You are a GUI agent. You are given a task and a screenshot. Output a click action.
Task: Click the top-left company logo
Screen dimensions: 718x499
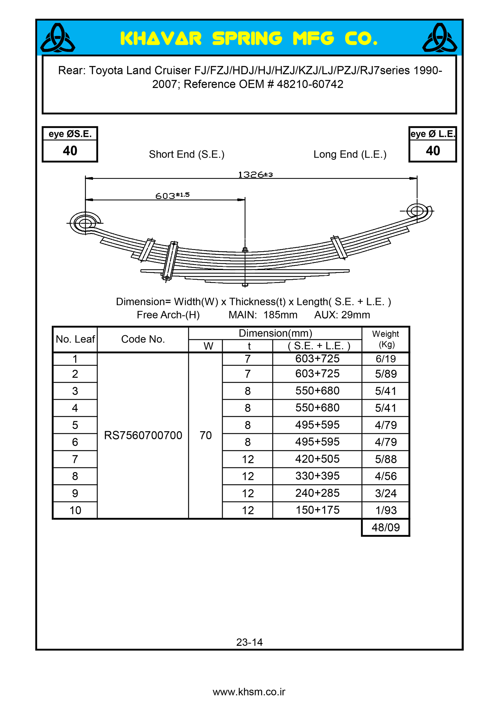tap(57, 38)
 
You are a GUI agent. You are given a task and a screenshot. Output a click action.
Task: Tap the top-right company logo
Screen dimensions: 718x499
tap(439, 38)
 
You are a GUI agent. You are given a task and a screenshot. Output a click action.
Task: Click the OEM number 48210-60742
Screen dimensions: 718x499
tap(310, 84)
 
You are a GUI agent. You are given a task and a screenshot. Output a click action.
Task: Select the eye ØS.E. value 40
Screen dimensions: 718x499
tap(70, 151)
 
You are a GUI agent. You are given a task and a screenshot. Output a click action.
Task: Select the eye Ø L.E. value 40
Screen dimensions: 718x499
tap(433, 151)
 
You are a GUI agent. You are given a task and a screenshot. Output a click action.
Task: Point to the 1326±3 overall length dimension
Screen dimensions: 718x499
tap(255, 175)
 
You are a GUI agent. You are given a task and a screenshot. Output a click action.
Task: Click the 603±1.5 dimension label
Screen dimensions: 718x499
tap(172, 196)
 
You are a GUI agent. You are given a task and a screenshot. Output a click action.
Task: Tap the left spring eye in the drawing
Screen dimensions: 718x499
tap(85, 223)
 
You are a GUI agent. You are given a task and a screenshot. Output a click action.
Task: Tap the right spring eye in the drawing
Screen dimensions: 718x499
tap(417, 211)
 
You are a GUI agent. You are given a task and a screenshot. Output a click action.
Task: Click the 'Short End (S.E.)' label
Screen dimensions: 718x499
tap(186, 154)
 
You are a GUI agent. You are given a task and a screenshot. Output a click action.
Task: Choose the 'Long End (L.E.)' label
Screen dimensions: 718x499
tap(350, 154)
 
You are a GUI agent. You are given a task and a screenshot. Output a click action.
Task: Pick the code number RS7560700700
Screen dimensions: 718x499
tap(143, 435)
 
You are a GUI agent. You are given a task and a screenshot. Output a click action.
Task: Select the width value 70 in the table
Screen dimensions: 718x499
tap(205, 435)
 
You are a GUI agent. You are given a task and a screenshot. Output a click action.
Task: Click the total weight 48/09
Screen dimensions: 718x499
tap(385, 527)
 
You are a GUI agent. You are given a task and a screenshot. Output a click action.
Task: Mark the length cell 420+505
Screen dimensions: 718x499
tap(317, 459)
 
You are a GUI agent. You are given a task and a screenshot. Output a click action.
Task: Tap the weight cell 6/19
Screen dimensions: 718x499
tap(385, 359)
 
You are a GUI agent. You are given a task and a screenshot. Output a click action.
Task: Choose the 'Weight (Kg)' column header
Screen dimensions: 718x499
tap(385, 339)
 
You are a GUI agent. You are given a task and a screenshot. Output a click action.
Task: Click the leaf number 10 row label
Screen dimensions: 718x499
tap(75, 510)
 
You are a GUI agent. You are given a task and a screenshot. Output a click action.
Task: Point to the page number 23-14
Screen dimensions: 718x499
tap(249, 642)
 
